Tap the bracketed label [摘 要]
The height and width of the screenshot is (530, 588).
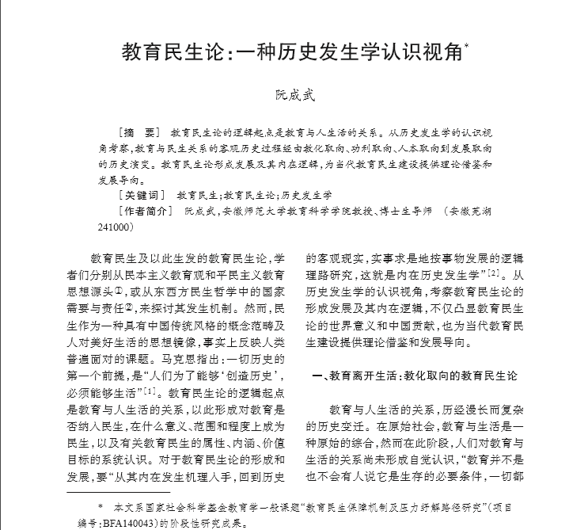136,132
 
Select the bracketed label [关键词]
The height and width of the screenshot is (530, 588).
140,195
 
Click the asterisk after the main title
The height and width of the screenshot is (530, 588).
467,46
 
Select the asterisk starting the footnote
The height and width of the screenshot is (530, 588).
100,505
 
